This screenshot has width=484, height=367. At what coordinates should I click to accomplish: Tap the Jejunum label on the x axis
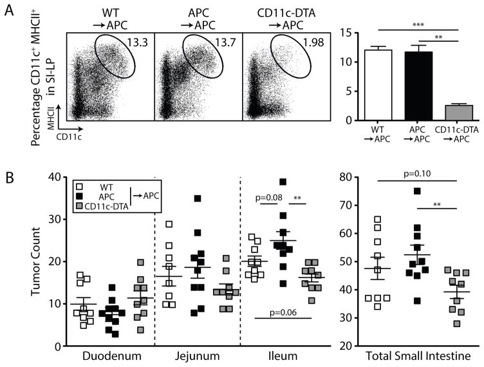click(198, 356)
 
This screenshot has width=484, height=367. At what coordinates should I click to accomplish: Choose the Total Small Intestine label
click(417, 356)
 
